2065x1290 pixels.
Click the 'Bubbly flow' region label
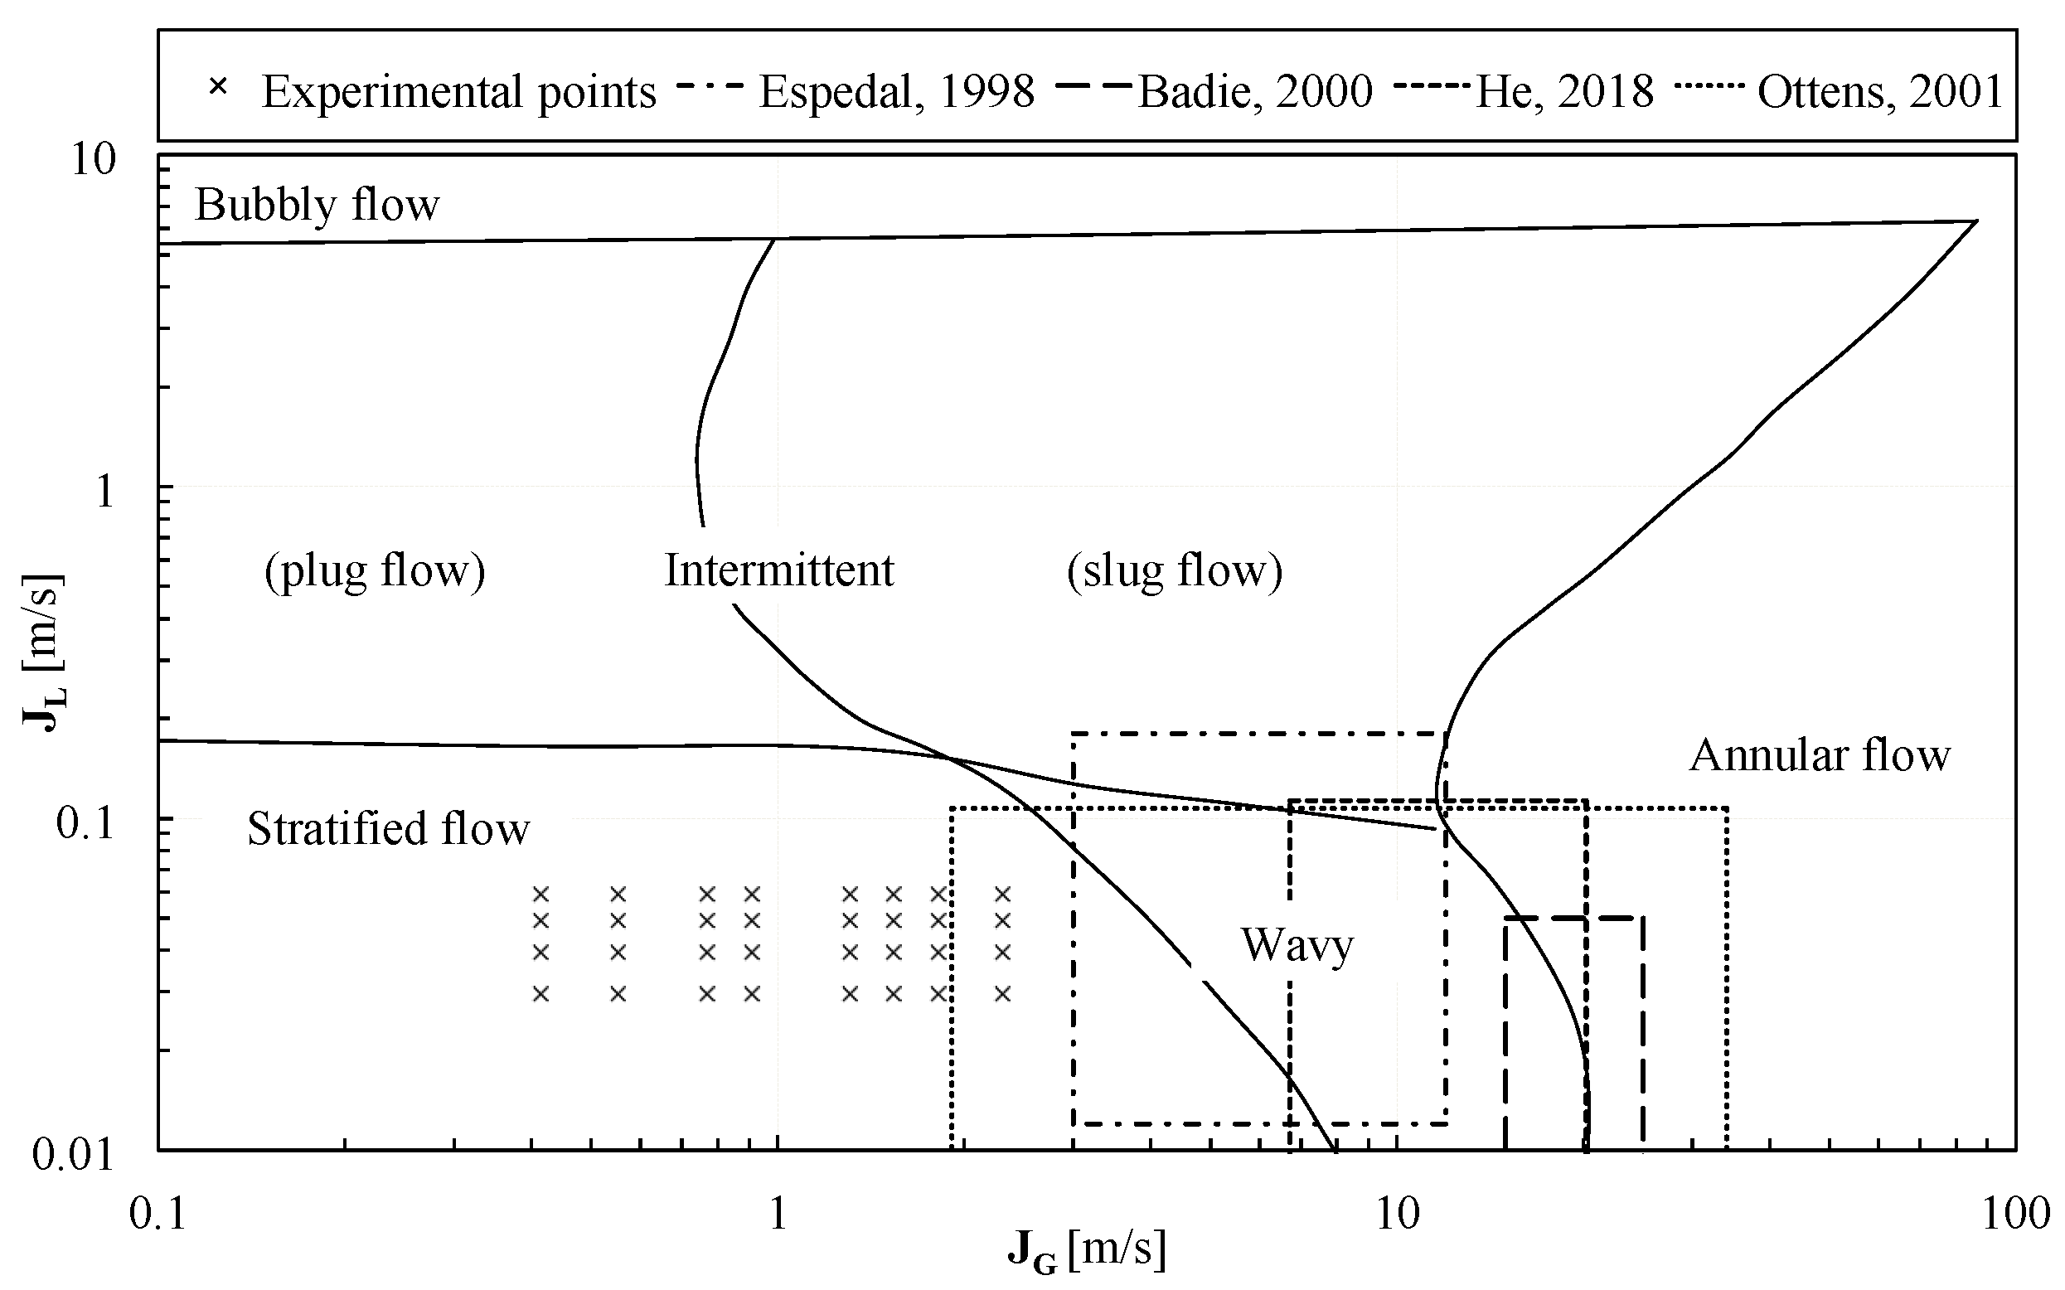pos(317,205)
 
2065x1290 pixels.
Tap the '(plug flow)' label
pos(375,570)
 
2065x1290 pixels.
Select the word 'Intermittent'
pos(778,570)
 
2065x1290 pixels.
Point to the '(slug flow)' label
pos(1175,570)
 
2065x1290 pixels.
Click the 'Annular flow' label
pos(1820,755)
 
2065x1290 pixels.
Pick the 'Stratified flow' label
pos(388,828)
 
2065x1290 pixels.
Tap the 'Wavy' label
pos(1297,944)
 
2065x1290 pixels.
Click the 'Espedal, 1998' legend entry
pos(895,91)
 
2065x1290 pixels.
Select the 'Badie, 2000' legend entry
pos(1255,91)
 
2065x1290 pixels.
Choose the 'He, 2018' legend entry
pos(1563,91)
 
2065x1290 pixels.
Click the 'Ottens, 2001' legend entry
pos(1879,91)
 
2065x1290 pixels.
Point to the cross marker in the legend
pos(219,87)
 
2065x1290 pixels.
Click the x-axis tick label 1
pos(777,1212)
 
